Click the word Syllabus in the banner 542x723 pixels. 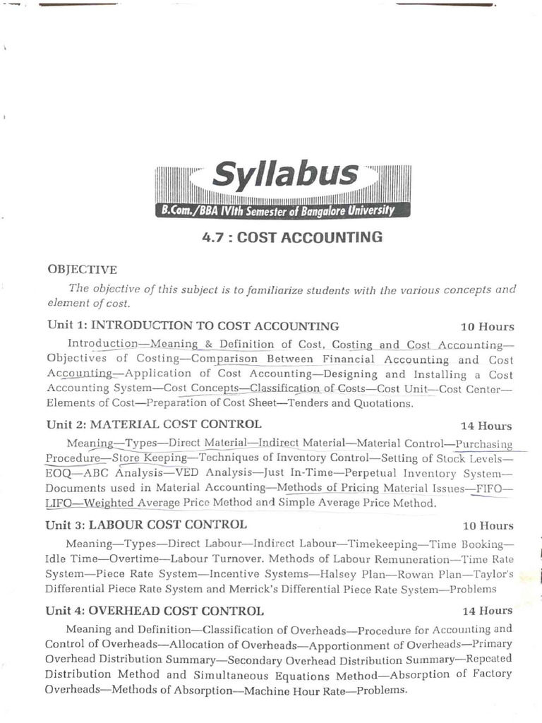pyautogui.click(x=285, y=175)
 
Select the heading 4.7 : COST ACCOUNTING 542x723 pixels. pyautogui.click(x=292, y=237)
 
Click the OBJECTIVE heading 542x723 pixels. pyautogui.click(x=82, y=270)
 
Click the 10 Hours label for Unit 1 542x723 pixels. pyautogui.click(x=487, y=327)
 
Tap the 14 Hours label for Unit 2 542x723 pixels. pyautogui.click(x=487, y=426)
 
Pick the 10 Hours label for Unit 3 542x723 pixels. pyautogui.click(x=487, y=526)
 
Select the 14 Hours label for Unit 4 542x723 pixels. pyautogui.click(x=487, y=611)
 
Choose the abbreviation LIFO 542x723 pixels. pyautogui.click(x=59, y=503)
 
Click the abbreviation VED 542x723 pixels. pyautogui.click(x=187, y=472)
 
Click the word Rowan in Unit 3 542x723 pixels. pyautogui.click(x=409, y=574)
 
